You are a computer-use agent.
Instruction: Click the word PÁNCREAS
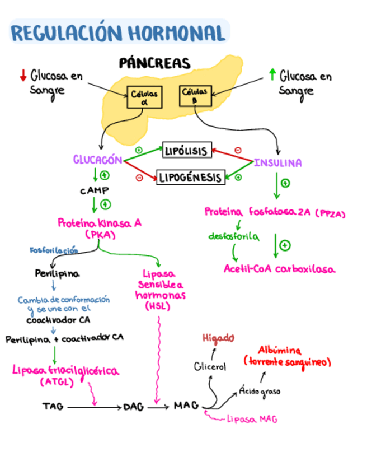coord(155,63)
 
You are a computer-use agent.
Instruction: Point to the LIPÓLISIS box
coord(187,150)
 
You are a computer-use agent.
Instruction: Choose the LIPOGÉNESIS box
coord(190,178)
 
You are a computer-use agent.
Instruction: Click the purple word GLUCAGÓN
coord(97,160)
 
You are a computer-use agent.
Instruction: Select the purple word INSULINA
coord(277,163)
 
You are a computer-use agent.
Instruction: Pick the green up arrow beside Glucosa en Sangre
coord(272,74)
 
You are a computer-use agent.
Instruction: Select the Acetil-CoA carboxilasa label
coord(279,269)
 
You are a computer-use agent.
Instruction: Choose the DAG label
coord(134,407)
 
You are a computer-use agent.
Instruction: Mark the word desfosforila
coord(233,237)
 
